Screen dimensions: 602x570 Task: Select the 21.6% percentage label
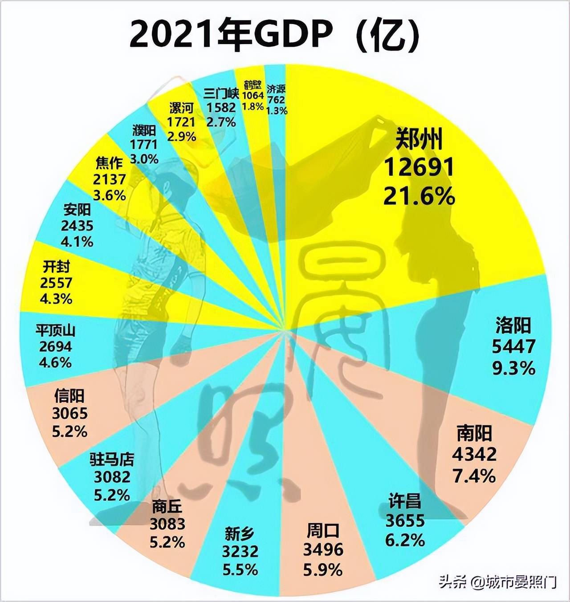click(x=419, y=196)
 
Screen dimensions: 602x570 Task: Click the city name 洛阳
click(x=513, y=325)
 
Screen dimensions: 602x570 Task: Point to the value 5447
click(x=513, y=346)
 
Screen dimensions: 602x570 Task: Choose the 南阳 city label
click(x=474, y=433)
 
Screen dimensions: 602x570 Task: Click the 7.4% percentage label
click(x=474, y=476)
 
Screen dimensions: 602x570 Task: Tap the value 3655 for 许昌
click(x=405, y=521)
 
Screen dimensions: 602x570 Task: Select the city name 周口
click(x=323, y=531)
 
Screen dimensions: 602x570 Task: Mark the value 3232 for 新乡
click(x=240, y=552)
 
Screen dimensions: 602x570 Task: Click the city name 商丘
click(x=167, y=506)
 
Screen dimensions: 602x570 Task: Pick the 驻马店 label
click(x=112, y=459)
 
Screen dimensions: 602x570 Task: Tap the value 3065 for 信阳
click(x=70, y=414)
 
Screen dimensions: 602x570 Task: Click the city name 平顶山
click(x=55, y=331)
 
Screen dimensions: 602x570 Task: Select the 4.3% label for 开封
click(x=56, y=298)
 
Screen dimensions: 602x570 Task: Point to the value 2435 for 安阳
click(x=78, y=225)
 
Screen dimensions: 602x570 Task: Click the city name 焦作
click(x=109, y=163)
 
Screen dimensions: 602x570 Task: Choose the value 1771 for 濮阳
click(x=144, y=144)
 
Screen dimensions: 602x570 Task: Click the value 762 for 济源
click(x=276, y=100)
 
